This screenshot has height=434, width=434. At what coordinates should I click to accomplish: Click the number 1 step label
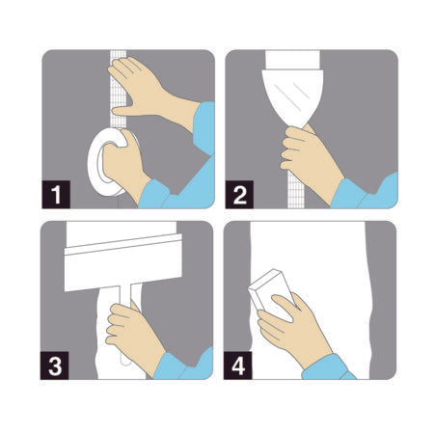[x=56, y=194]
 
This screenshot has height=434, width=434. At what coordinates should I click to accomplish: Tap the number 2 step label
[x=239, y=194]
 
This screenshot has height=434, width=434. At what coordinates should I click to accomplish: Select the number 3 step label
[x=54, y=366]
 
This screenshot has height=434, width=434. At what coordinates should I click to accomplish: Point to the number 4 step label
[x=238, y=366]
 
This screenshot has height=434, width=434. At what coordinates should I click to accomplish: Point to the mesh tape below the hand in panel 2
[x=296, y=190]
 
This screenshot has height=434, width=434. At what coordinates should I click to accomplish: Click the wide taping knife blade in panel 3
[x=123, y=263]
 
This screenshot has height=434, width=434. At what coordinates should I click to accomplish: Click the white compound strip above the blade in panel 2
[x=292, y=60]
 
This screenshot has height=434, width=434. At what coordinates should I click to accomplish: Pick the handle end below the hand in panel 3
[x=126, y=362]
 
